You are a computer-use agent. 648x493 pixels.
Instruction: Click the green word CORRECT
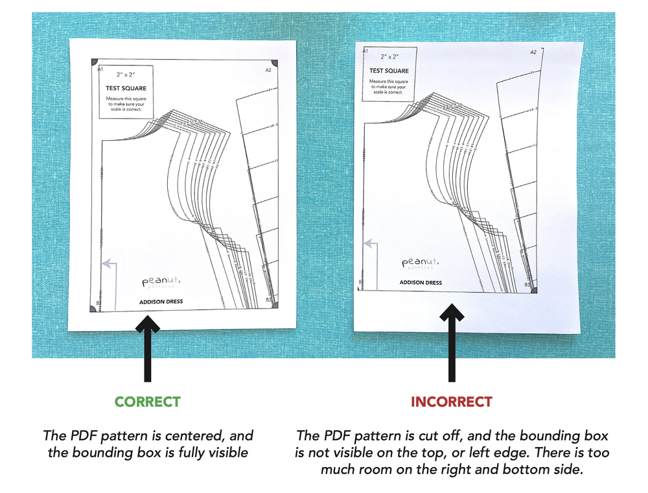coord(147,402)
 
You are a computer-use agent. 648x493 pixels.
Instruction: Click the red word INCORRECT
coord(451,402)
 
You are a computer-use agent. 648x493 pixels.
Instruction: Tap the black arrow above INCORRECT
coord(452,344)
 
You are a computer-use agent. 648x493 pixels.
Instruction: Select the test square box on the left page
coord(126,91)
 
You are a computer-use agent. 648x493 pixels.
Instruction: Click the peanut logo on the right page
coord(420,262)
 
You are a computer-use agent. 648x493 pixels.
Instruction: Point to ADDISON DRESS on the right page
coord(421,283)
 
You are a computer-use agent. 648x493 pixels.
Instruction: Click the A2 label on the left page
coord(268,69)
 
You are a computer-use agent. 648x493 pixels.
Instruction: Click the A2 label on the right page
coord(533,52)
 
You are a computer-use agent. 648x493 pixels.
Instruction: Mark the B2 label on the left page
coord(269,300)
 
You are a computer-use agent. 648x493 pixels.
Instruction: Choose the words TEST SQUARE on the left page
coord(126,88)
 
